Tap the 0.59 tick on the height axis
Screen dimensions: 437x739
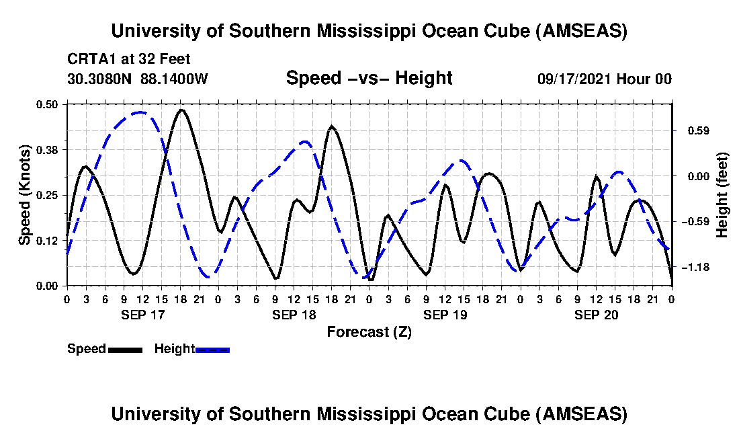690,130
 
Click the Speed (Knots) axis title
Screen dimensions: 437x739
25,195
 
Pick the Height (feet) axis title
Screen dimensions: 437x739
722,196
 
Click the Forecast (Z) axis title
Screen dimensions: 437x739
369,331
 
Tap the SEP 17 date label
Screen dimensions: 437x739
142,315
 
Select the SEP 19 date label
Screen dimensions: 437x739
445,315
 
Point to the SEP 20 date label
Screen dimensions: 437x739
596,315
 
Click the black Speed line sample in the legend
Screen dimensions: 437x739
125,350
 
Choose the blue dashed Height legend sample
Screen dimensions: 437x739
212,350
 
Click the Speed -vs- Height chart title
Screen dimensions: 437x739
369,78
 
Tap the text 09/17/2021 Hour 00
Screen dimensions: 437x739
605,79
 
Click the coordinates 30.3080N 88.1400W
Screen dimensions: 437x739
138,79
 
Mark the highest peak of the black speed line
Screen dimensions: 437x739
181,110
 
